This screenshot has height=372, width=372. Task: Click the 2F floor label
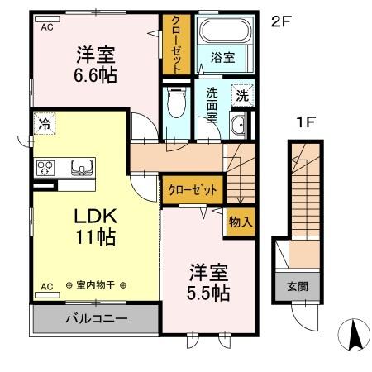pos(282,21)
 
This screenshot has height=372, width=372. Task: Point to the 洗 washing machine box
pos(241,95)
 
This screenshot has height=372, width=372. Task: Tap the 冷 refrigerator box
pos(43,126)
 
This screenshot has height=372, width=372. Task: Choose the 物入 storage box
pos(240,222)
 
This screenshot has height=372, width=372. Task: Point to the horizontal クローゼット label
pos(192,189)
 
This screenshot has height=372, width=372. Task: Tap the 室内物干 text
pos(96,286)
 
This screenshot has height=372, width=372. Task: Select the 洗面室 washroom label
pos(212,104)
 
